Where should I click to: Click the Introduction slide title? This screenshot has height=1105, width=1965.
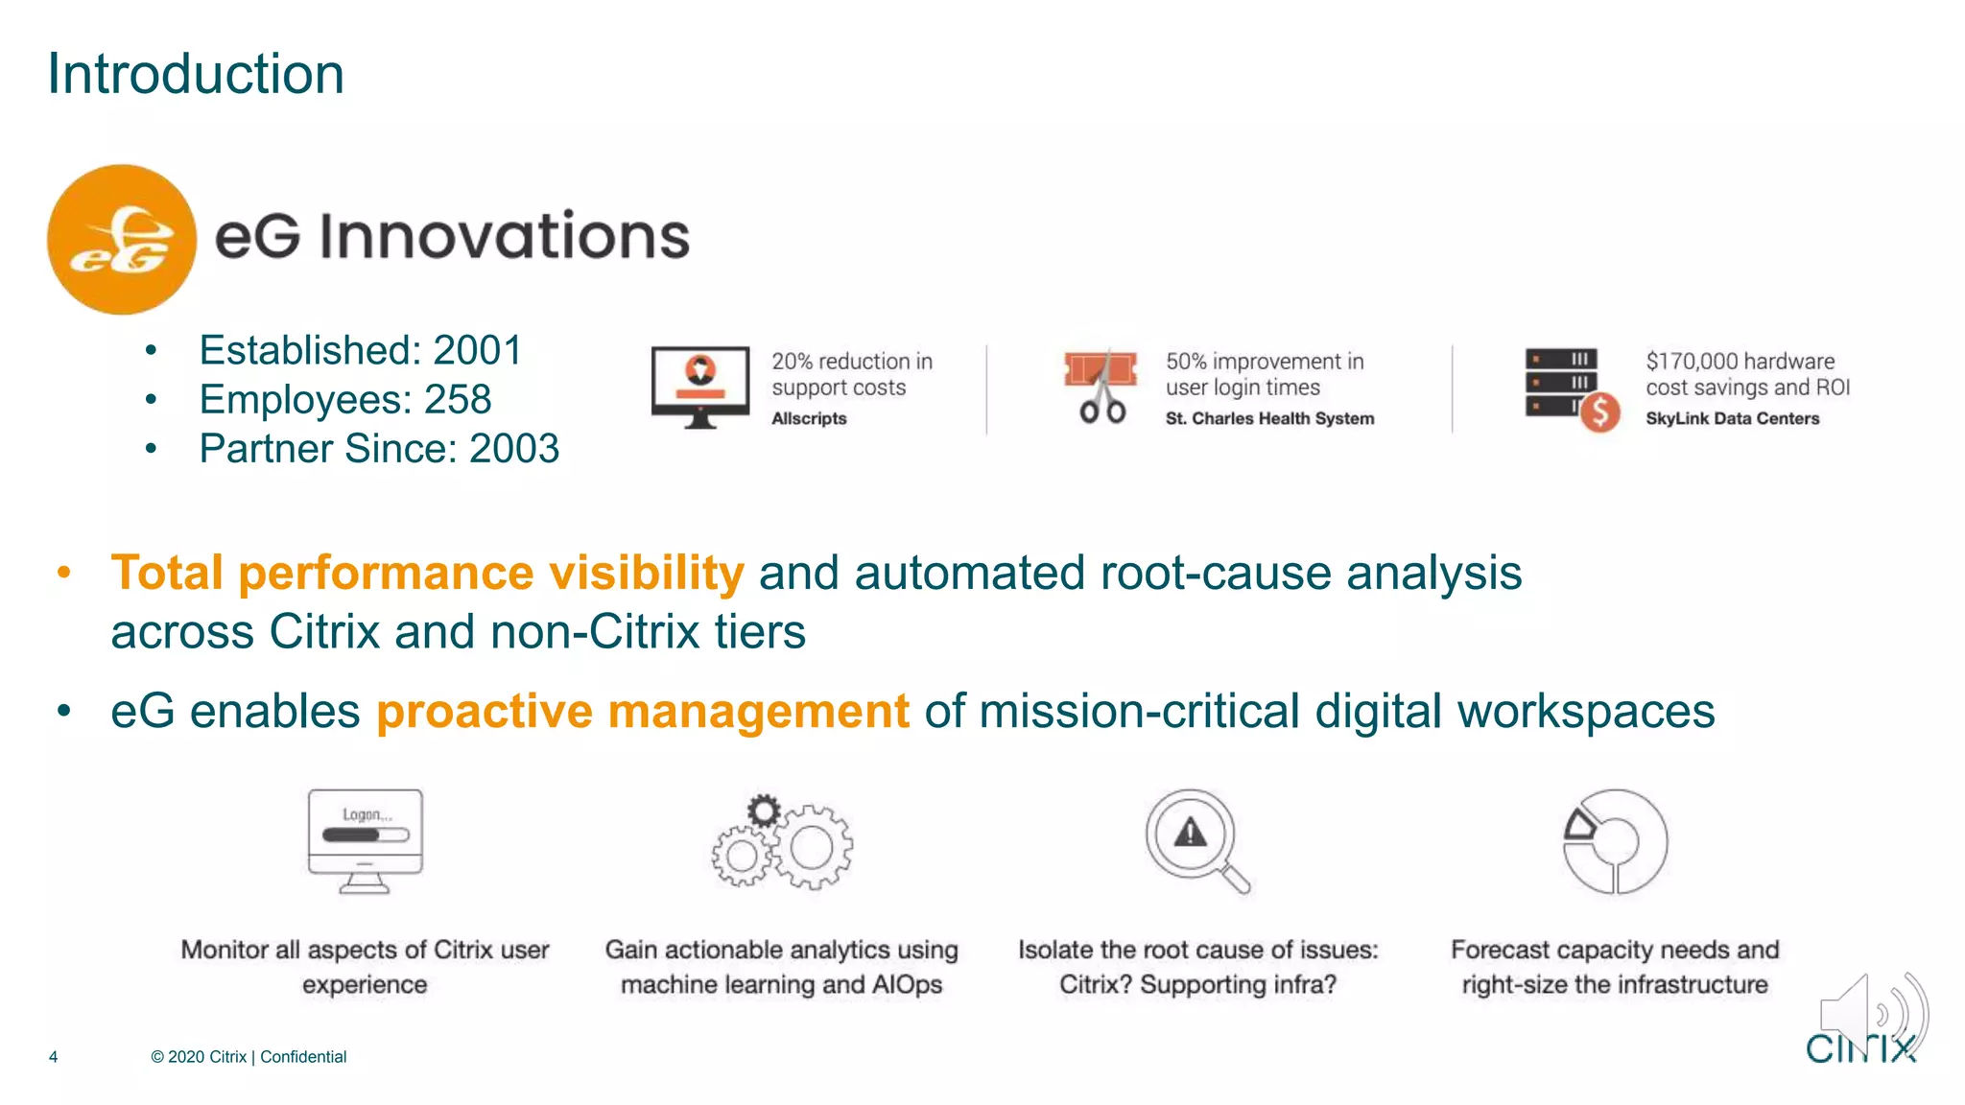click(x=196, y=74)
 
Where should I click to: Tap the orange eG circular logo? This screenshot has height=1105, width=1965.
click(x=122, y=239)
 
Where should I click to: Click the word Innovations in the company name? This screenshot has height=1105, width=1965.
click(x=504, y=236)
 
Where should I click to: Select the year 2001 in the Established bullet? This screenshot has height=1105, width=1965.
click(x=477, y=350)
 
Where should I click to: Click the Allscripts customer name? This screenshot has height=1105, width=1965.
click(x=809, y=418)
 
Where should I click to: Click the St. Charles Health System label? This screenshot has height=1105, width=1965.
click(x=1269, y=418)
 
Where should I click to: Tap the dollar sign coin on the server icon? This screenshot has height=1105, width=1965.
click(x=1599, y=412)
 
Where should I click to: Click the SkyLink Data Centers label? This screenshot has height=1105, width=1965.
click(x=1732, y=418)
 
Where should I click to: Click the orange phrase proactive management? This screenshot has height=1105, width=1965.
click(x=642, y=712)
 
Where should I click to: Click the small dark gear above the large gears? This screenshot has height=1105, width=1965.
click(x=764, y=811)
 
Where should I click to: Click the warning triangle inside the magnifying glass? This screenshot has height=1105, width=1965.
click(x=1190, y=832)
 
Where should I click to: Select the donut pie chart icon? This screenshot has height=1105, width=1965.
click(x=1616, y=841)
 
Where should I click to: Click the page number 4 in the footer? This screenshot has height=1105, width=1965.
click(x=54, y=1057)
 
